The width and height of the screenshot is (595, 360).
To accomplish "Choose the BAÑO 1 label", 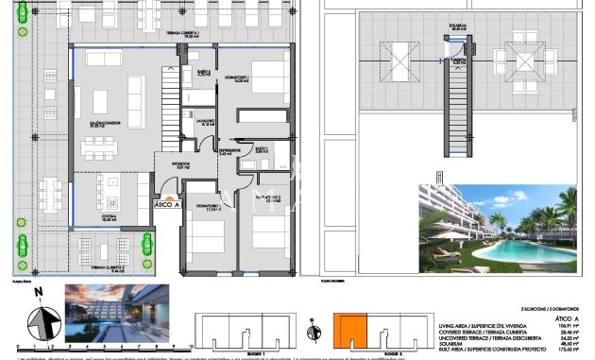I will (261, 148).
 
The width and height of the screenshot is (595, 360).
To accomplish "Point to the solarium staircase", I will (459, 105).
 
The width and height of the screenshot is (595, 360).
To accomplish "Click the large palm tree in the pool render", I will (567, 213).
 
